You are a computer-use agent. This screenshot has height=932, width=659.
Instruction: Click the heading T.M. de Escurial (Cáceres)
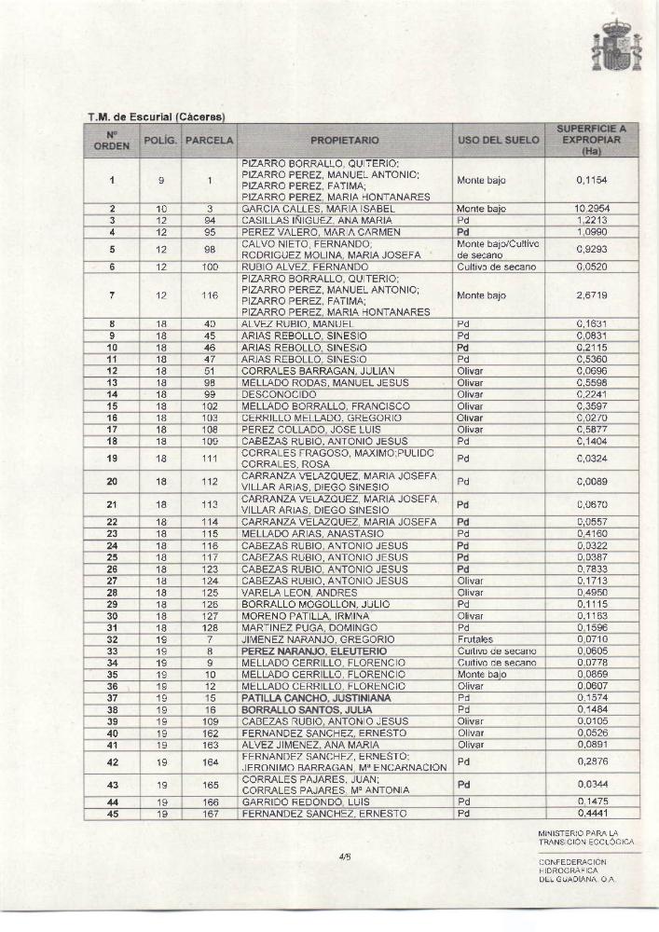click(x=157, y=116)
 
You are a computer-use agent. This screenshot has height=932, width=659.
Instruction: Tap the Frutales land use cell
click(x=474, y=639)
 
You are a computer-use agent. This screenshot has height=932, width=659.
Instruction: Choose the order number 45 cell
click(x=112, y=814)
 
